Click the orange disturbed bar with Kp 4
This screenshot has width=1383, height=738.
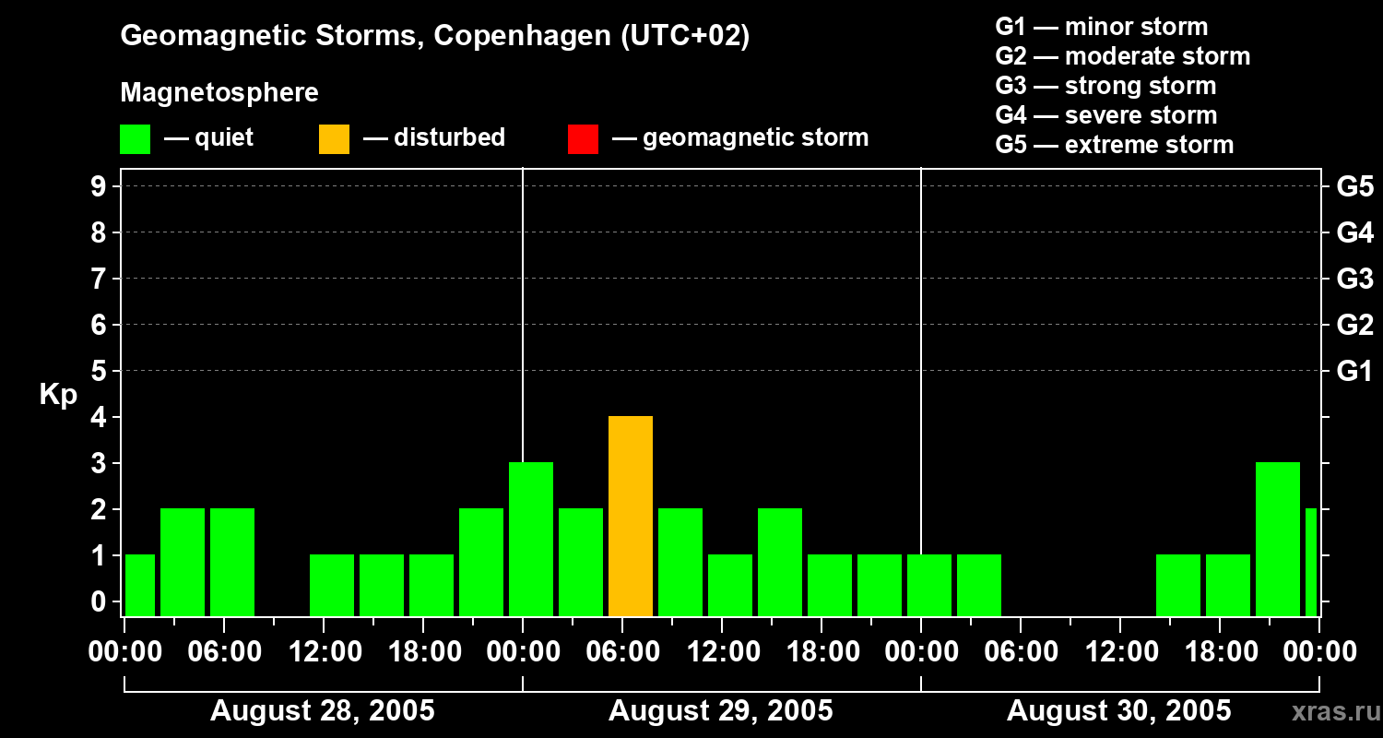coord(631,516)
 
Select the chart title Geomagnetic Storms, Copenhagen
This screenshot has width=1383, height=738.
coord(434,36)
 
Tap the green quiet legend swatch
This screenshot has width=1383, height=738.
coord(135,139)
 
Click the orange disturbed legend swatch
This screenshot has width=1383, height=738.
coord(334,139)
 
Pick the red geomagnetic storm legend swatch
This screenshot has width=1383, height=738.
coord(583,139)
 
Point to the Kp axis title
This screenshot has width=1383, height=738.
coord(58,394)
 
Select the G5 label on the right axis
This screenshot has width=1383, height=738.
coord(1354,187)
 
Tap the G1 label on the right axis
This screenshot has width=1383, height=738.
coord(1354,372)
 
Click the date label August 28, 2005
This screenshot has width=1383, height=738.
coord(323,711)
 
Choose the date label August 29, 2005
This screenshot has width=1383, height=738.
coord(721,711)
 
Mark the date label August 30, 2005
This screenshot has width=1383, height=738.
coord(1118,711)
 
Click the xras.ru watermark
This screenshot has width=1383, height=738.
coord(1332,712)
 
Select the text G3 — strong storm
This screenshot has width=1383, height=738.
coord(1105,86)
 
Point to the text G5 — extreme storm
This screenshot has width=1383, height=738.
coord(1114,145)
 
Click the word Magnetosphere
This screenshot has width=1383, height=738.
coord(219,93)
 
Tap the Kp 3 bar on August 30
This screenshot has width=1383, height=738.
coord(1278,539)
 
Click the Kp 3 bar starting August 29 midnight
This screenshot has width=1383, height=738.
coord(531,539)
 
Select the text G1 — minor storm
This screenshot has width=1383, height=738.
coord(1101,27)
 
